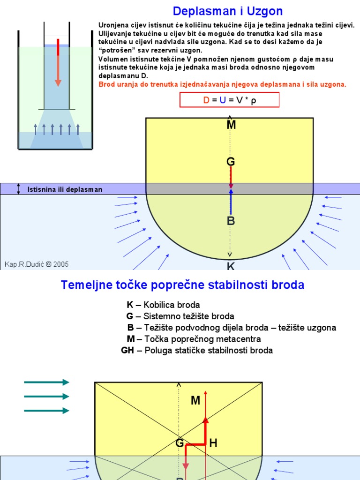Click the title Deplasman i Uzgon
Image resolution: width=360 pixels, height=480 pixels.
[x=228, y=11]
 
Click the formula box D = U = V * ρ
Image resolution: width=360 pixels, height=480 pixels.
[x=230, y=100]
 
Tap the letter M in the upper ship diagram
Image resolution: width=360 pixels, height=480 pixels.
[x=231, y=125]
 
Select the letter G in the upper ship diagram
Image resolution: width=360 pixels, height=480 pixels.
[x=231, y=162]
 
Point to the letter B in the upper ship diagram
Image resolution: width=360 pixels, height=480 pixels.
[x=231, y=221]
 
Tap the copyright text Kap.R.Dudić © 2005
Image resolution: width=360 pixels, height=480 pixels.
[x=37, y=264]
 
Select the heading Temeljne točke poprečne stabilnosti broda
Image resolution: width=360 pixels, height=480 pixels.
[x=182, y=285]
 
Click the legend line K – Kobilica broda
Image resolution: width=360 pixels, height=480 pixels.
[x=163, y=305]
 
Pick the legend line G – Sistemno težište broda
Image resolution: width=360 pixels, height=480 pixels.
[x=180, y=316]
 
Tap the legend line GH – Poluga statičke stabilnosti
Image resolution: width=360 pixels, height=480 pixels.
[x=197, y=350]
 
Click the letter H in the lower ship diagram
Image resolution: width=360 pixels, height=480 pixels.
[x=213, y=443]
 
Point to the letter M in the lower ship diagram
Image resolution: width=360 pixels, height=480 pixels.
[x=195, y=400]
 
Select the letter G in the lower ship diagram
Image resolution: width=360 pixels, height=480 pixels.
[x=180, y=443]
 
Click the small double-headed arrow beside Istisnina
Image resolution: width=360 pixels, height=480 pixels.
[x=19, y=189]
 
